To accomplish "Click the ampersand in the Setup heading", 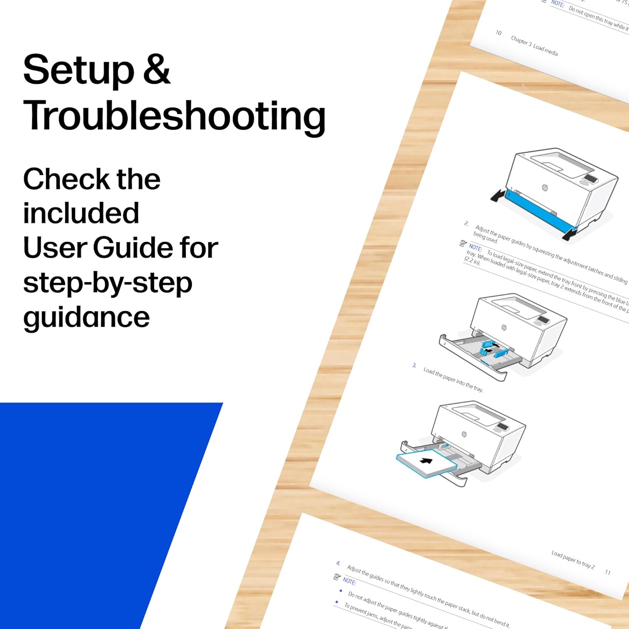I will pyautogui.click(x=156, y=70).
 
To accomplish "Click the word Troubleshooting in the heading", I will pyautogui.click(x=174, y=117).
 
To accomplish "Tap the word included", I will pyautogui.click(x=81, y=213).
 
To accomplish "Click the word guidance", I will pyautogui.click(x=86, y=318).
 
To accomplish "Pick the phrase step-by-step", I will pyautogui.click(x=108, y=283).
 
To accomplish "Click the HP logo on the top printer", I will pyautogui.click(x=545, y=187).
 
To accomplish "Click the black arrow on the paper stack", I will pyautogui.click(x=426, y=461).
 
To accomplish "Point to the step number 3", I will pyautogui.click(x=414, y=366).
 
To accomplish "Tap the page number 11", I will pyautogui.click(x=608, y=572).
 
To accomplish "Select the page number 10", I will pyautogui.click(x=499, y=33).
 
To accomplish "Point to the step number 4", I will pyautogui.click(x=338, y=563).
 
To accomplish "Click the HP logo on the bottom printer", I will pyautogui.click(x=464, y=434).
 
